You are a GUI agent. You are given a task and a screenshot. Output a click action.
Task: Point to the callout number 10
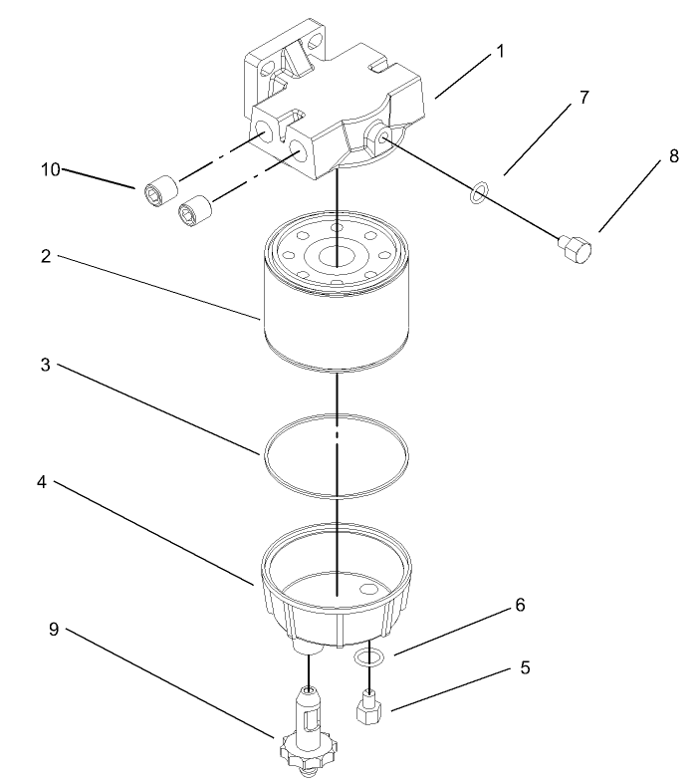pos(51,169)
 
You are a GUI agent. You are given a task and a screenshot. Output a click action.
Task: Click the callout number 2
pos(46,256)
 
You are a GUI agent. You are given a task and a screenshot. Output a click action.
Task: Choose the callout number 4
pos(46,482)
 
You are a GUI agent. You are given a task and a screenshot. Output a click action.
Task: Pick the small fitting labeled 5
pos(369,707)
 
